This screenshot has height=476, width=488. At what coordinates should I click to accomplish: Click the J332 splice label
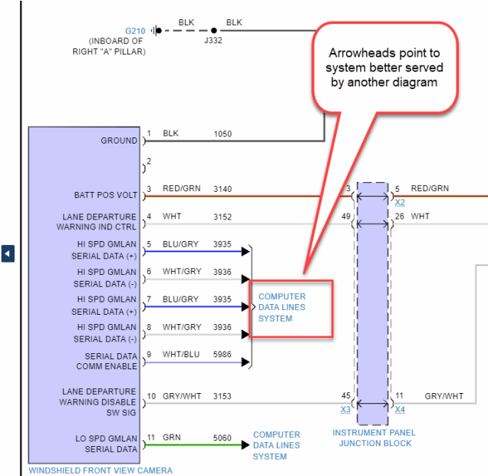click(x=213, y=41)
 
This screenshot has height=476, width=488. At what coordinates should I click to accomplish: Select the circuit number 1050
click(x=223, y=134)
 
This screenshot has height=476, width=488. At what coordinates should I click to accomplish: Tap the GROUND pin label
click(x=119, y=140)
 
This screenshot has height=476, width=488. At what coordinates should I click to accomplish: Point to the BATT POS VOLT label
click(x=105, y=195)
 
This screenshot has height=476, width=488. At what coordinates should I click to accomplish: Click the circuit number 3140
click(x=223, y=188)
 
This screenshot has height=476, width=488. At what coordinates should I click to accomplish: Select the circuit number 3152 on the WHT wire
click(x=223, y=217)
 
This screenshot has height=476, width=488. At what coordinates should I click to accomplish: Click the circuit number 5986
click(x=223, y=354)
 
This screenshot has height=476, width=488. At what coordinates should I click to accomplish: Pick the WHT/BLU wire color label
click(x=179, y=354)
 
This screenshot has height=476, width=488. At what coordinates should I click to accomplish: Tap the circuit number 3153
click(x=223, y=396)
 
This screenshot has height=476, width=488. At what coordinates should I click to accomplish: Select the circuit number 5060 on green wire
click(x=223, y=438)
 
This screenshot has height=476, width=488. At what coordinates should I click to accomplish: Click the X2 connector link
click(x=400, y=202)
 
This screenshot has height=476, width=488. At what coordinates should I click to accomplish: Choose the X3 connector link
click(x=345, y=410)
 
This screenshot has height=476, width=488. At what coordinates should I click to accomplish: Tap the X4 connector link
click(x=399, y=410)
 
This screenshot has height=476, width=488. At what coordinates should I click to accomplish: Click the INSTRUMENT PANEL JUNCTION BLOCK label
click(x=373, y=438)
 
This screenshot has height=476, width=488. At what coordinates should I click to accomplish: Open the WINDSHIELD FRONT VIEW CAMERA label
click(x=101, y=470)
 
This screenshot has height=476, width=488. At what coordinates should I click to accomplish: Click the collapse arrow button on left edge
click(x=8, y=253)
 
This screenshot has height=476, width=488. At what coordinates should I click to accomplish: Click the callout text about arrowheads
click(x=386, y=68)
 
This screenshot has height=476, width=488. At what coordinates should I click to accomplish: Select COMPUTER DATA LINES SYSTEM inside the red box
click(x=282, y=307)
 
